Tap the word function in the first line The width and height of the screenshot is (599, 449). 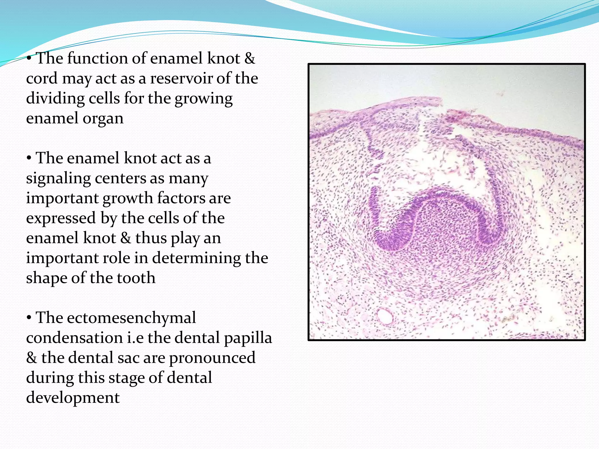pyautogui.click(x=98, y=58)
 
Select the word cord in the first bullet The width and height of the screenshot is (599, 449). pyautogui.click(x=42, y=78)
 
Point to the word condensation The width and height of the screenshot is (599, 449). pyautogui.click(x=74, y=338)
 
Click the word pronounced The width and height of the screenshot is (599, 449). pyautogui.click(x=212, y=358)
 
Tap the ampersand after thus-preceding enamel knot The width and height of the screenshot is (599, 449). pyautogui.click(x=125, y=238)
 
